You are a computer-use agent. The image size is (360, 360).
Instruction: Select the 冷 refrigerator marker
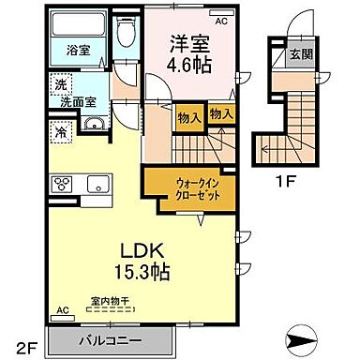click(61, 132)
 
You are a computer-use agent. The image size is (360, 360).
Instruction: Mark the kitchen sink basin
click(98, 183)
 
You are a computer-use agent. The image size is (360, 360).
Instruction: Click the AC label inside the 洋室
click(222, 20)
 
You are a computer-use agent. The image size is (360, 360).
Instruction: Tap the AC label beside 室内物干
click(64, 308)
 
